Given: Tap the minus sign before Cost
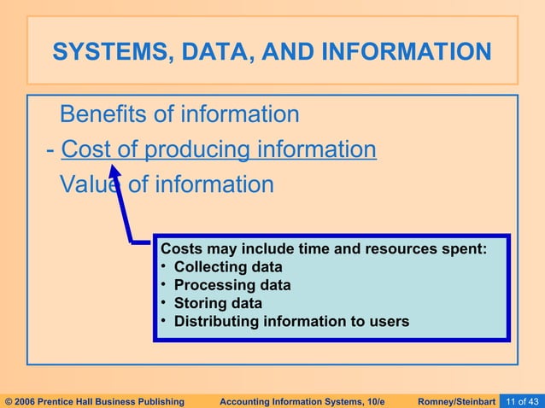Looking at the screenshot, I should (x=52, y=151).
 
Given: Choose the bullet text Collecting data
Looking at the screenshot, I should (x=228, y=267).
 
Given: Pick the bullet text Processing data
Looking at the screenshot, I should (x=232, y=285).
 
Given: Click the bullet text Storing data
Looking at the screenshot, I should (x=218, y=303).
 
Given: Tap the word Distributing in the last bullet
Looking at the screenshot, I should (x=217, y=322).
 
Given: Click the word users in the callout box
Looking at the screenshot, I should (x=390, y=322).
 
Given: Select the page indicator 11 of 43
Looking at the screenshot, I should (x=522, y=400).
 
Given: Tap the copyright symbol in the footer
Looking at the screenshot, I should (x=9, y=400).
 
